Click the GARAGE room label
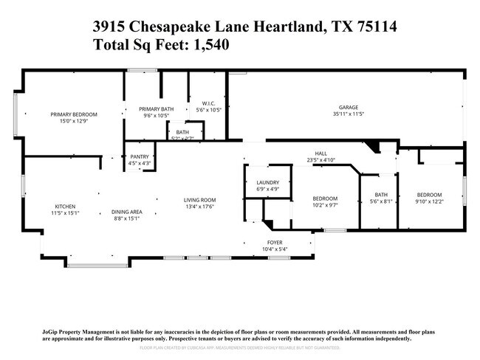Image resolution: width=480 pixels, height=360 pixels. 348,107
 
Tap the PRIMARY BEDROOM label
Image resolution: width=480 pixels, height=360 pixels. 74,114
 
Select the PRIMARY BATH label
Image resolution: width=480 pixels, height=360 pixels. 156,109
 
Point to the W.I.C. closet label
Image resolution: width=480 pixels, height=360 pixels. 208,103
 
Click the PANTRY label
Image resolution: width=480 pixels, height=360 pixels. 140,156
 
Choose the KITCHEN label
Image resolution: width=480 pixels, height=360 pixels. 65,207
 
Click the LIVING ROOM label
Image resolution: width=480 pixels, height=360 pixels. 199,200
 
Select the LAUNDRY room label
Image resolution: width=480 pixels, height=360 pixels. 267,182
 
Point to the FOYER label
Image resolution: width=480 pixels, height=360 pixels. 274,242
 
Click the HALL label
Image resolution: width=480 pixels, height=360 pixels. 321,153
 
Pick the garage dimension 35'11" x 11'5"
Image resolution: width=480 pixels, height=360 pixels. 348,114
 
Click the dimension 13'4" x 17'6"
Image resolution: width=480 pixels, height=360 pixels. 199,207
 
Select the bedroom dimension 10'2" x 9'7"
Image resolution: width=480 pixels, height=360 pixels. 325,205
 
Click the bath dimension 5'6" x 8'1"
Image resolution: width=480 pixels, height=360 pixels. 380,201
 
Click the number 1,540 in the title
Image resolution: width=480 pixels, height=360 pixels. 209,44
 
